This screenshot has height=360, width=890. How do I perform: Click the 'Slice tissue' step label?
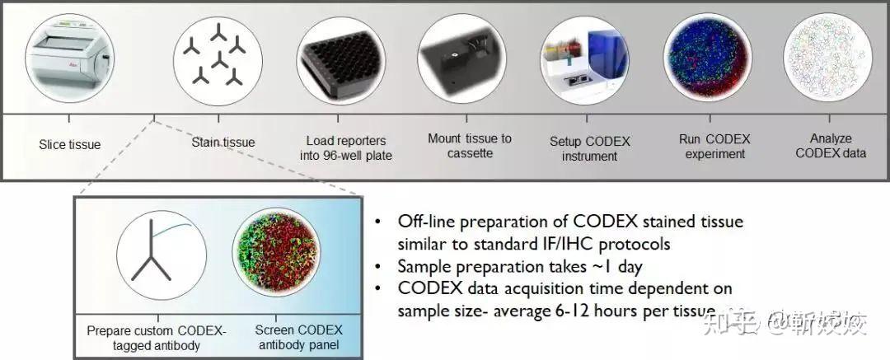click(69, 145)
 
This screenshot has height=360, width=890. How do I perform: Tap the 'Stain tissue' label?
click(223, 143)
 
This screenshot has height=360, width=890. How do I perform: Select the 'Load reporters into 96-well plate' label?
click(345, 147)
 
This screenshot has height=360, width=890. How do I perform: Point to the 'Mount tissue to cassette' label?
click(469, 145)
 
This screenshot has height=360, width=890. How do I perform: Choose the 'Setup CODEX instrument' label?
click(589, 148)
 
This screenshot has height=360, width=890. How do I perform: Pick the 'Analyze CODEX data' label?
click(831, 146)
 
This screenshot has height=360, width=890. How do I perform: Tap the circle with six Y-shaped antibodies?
click(217, 58)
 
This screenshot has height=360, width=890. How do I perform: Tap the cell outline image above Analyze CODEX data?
click(827, 55)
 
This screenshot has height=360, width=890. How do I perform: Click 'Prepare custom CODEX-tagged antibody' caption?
click(156, 338)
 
